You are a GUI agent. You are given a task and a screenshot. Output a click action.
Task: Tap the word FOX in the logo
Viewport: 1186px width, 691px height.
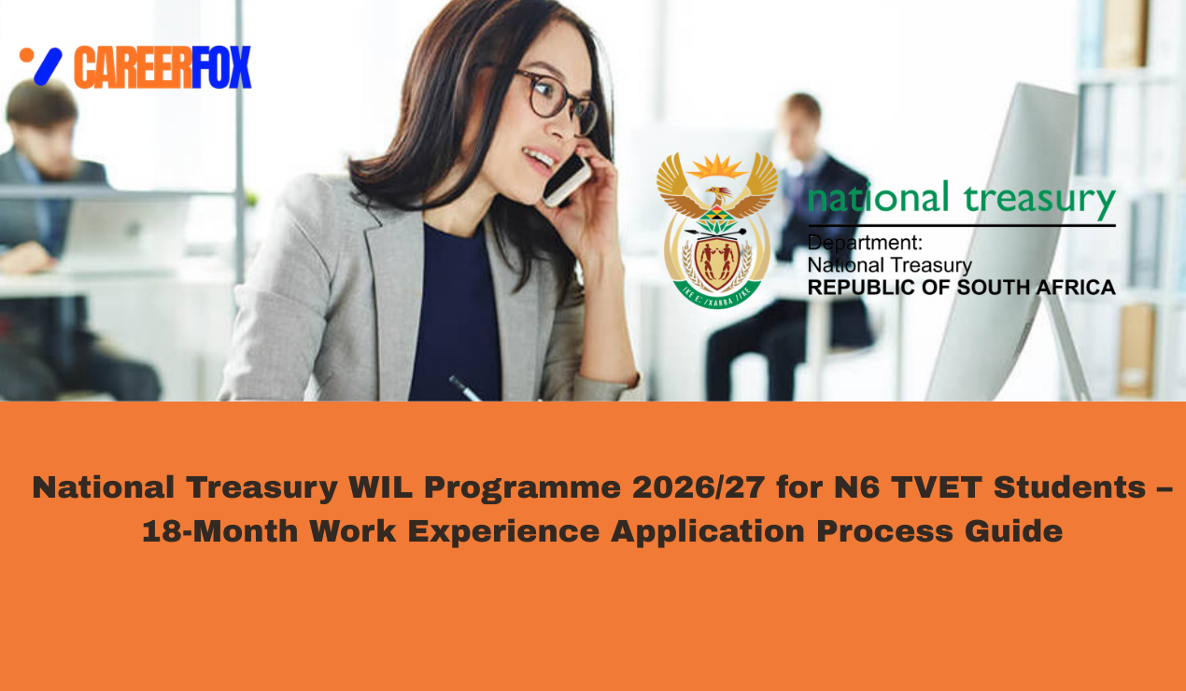coord(222,67)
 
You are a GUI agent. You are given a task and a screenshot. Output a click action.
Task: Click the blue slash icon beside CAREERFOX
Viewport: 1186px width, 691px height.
coord(47,66)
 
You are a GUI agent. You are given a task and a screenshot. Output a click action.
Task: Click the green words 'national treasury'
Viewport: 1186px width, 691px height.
coord(961,200)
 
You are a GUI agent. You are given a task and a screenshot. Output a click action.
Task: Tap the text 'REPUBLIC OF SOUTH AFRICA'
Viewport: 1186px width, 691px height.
coord(961,287)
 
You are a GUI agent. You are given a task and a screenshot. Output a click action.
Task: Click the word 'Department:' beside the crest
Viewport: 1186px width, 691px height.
coord(865,244)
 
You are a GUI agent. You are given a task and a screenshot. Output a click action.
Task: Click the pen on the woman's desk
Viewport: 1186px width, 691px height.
coord(464,388)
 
